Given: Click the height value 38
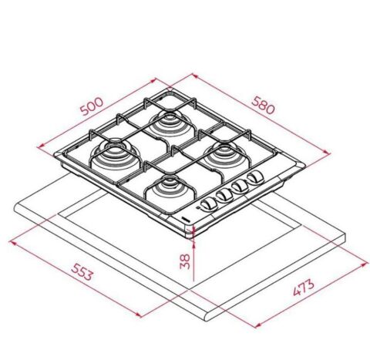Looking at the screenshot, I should coord(184,261).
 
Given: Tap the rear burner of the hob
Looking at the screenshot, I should coord(168,121).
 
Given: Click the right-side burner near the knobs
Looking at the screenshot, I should coord(228,153).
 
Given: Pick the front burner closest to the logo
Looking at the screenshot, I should coord(167,187).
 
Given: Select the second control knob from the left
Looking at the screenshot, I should coord(225,195).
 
